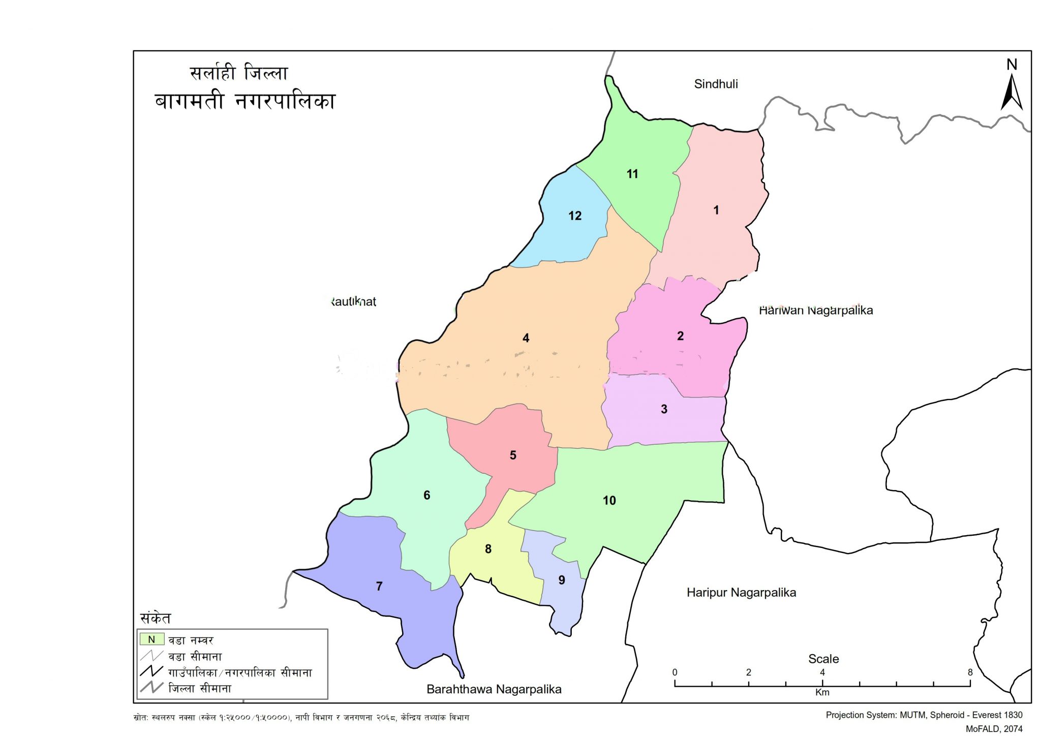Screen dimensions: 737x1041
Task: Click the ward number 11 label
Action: click(632, 174)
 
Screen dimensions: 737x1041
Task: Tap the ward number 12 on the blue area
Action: click(574, 216)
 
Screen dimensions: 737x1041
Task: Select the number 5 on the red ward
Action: click(513, 455)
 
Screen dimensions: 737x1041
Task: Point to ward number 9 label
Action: click(561, 580)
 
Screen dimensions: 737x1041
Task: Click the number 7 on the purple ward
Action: click(379, 586)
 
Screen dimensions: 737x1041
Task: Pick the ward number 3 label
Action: click(664, 409)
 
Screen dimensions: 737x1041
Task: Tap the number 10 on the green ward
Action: click(609, 500)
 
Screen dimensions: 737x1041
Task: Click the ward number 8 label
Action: click(488, 548)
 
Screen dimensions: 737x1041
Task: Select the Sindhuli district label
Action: click(716, 84)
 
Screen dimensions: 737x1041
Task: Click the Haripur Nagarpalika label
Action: click(741, 592)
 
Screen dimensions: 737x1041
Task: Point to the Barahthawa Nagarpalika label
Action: click(494, 689)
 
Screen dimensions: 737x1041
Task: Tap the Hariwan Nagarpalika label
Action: click(815, 310)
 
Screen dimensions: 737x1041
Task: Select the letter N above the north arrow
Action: click(1012, 65)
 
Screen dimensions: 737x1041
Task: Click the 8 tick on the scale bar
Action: click(970, 672)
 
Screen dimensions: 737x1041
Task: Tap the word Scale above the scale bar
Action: click(823, 659)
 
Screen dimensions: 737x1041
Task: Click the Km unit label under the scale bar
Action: click(822, 692)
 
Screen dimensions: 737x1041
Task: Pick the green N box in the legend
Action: click(151, 639)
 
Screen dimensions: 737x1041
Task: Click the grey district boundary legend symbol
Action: click(151, 688)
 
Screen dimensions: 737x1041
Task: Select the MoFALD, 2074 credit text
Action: click(994, 729)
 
